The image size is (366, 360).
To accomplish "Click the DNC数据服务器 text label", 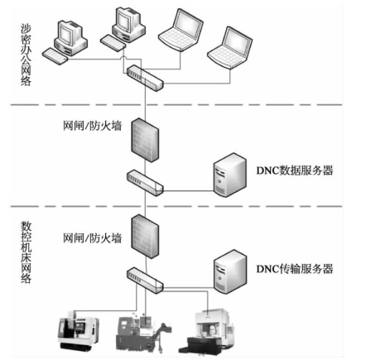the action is click(x=295, y=170).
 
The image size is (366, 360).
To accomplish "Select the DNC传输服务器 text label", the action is click(x=295, y=269).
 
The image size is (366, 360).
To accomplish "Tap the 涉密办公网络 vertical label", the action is click(x=26, y=55).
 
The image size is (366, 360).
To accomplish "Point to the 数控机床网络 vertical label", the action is click(x=26, y=252).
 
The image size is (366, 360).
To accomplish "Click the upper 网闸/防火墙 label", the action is click(x=92, y=126).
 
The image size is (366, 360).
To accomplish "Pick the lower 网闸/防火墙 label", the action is click(x=92, y=238).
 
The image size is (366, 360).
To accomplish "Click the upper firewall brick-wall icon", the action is click(x=145, y=140).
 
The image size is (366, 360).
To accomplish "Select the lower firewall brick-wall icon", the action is click(x=145, y=237).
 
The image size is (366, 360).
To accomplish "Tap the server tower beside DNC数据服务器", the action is click(x=230, y=175).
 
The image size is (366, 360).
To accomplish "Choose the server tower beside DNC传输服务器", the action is click(x=230, y=271).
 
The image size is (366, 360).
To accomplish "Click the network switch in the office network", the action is click(x=145, y=78).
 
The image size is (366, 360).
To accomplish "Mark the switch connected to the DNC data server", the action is click(x=145, y=183).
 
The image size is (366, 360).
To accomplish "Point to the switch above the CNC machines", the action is click(x=145, y=281).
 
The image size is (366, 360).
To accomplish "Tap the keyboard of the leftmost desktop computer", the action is click(x=55, y=56).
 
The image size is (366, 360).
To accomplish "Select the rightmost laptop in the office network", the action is click(x=229, y=47).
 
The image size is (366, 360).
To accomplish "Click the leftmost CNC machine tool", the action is click(x=78, y=331).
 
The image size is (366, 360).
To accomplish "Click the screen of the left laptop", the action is click(x=188, y=24).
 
